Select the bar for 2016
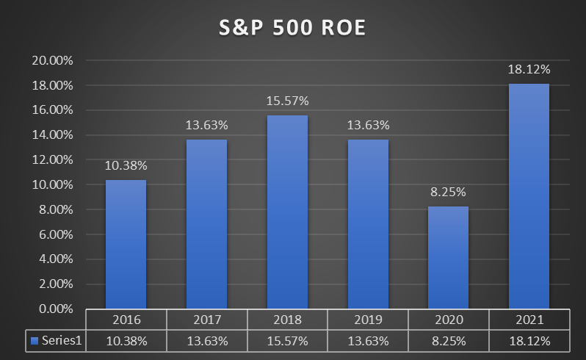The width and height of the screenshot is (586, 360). click(x=126, y=245)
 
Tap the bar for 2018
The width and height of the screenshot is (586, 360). click(x=287, y=212)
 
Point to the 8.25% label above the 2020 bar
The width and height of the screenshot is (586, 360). click(x=448, y=192)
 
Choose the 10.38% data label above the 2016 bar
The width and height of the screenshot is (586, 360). click(x=126, y=165)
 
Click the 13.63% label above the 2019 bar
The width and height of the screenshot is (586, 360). click(x=368, y=125)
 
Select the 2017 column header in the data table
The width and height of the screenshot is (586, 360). click(x=206, y=320)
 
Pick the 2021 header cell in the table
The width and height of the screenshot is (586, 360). click(x=529, y=320)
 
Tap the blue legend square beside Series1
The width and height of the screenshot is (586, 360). click(x=33, y=341)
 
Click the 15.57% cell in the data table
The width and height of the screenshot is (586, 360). click(x=287, y=341)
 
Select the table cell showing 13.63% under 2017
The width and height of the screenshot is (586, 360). click(x=206, y=341)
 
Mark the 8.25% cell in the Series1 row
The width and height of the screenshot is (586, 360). click(x=448, y=341)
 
